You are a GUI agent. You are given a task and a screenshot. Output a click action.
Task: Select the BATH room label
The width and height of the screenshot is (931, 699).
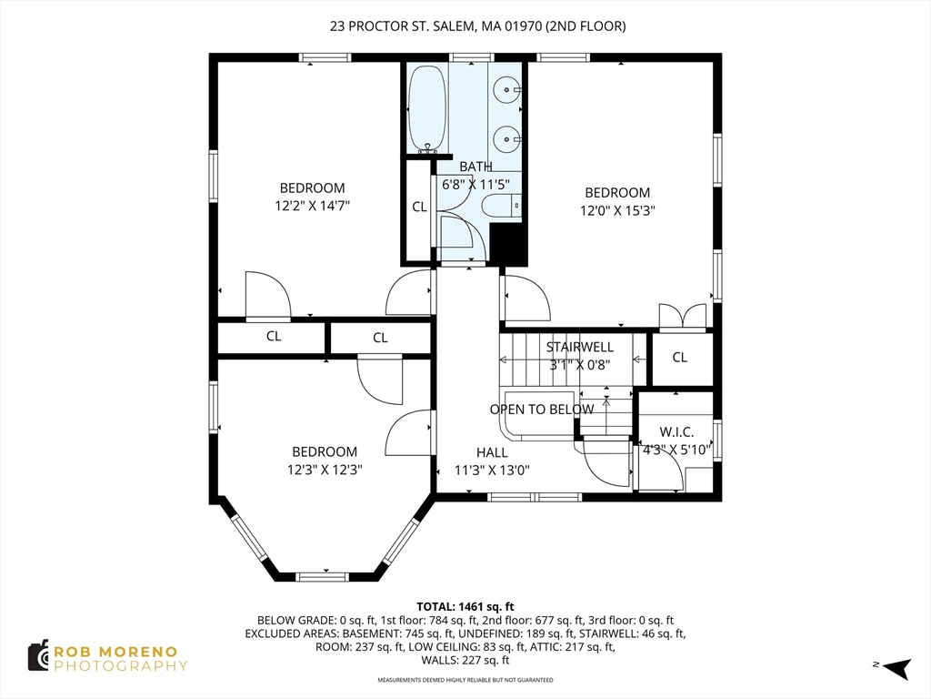click(476, 167)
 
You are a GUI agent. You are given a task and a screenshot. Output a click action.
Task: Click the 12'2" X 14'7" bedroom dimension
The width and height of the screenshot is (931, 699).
click(313, 206)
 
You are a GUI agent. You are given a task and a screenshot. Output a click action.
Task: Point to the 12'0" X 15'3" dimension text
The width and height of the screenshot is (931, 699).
click(617, 210)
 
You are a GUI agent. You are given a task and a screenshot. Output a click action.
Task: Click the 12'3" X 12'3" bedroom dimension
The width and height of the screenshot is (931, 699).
click(325, 470)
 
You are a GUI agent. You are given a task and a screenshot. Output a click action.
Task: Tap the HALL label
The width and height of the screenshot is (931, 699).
click(492, 452)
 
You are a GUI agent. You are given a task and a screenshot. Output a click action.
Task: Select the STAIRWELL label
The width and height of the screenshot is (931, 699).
click(580, 347)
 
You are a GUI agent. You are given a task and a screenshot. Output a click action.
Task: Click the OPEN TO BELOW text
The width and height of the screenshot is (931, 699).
click(542, 410)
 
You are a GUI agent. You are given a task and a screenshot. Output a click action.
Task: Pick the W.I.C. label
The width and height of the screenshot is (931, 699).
click(676, 432)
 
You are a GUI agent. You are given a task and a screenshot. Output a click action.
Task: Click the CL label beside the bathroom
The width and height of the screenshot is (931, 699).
click(419, 207)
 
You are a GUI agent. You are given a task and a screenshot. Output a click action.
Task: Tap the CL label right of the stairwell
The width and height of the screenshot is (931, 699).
click(680, 357)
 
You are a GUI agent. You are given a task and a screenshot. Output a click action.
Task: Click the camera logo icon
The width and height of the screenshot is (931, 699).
click(38, 656)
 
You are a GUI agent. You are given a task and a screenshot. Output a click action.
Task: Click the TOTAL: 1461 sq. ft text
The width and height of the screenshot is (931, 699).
click(465, 607)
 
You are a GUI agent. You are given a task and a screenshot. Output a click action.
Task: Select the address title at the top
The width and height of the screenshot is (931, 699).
click(477, 26)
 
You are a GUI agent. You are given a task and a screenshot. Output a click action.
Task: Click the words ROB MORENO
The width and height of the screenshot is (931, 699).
click(115, 652)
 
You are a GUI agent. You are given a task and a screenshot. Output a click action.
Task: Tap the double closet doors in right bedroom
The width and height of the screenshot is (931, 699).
click(682, 316)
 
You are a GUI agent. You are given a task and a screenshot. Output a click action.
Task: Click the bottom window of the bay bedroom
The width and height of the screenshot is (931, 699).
click(323, 576)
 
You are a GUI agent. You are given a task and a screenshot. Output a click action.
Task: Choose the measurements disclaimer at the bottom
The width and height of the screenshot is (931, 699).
click(465, 680)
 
